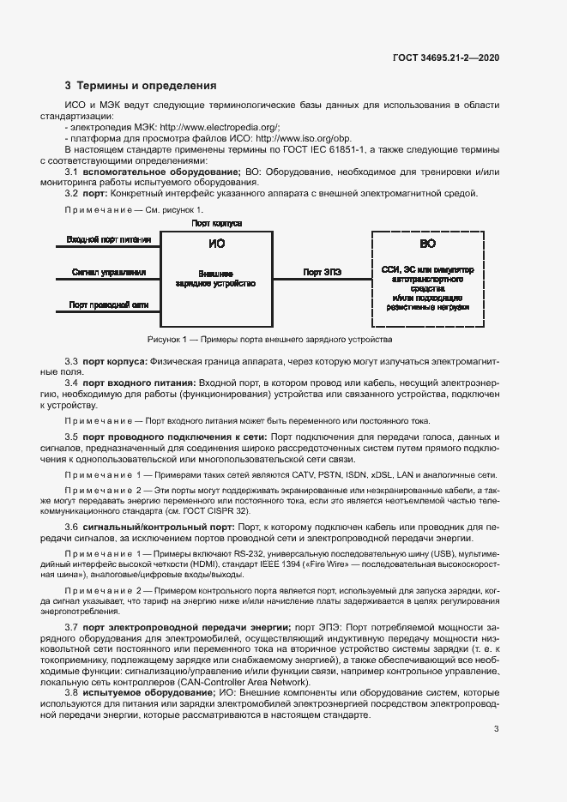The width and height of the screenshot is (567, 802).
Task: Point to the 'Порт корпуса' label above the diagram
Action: [x=215, y=223]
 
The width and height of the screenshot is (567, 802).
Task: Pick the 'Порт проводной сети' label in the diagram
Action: [x=109, y=305]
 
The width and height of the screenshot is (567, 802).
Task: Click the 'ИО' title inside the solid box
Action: [x=216, y=244]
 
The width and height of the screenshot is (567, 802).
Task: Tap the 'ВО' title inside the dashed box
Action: [x=427, y=244]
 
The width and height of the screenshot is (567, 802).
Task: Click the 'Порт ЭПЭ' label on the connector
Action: [x=323, y=272]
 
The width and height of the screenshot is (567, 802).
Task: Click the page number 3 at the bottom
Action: [x=496, y=730]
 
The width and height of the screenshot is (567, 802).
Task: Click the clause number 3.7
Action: [x=72, y=628]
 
